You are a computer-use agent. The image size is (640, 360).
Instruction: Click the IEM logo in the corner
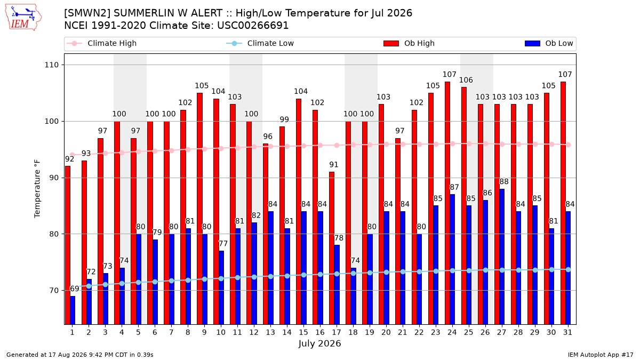(x=23, y=18)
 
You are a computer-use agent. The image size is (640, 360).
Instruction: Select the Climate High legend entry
(x=101, y=43)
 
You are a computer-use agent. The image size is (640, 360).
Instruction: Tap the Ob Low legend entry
(x=549, y=43)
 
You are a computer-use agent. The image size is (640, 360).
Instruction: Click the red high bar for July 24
(x=447, y=203)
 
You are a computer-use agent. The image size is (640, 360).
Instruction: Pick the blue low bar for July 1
(x=73, y=310)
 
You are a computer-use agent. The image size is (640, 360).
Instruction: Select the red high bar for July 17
(x=332, y=248)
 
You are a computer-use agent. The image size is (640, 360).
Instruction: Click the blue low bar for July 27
(x=502, y=257)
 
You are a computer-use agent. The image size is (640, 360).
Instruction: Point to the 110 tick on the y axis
(x=51, y=65)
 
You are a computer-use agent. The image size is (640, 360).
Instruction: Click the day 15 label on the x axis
(x=303, y=332)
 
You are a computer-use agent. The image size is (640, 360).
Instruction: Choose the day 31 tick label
(x=567, y=332)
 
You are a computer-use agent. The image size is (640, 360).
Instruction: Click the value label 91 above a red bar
(x=334, y=165)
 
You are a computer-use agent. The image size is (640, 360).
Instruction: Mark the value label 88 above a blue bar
(x=504, y=181)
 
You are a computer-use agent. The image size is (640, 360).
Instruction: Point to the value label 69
(x=75, y=289)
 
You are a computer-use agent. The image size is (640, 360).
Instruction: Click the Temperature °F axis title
(x=37, y=189)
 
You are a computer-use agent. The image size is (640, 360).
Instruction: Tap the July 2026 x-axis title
(x=319, y=343)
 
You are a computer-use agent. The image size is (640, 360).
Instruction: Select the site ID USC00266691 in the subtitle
(x=253, y=26)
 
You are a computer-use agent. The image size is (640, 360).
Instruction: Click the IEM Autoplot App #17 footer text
(x=601, y=355)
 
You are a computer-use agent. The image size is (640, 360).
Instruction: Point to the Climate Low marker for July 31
(x=569, y=269)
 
